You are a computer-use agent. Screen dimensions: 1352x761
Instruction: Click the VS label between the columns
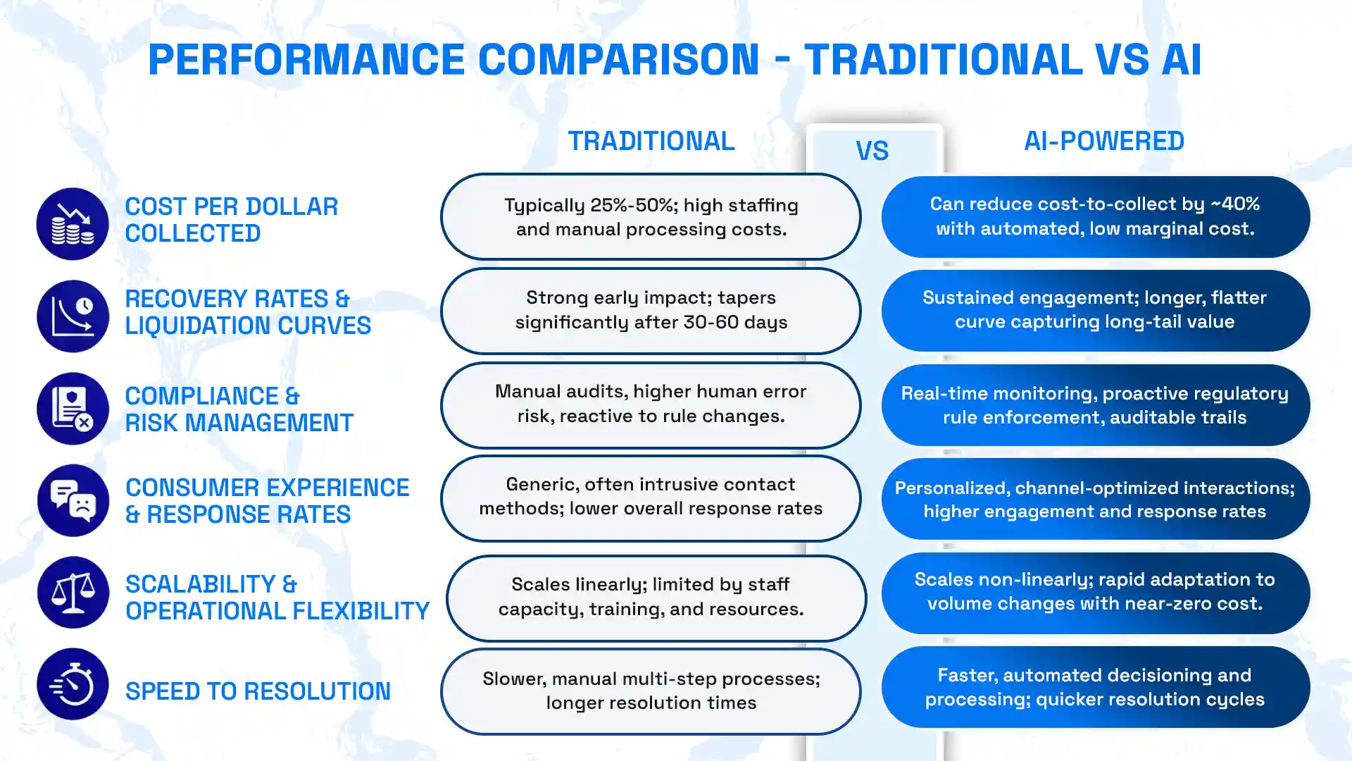[872, 151]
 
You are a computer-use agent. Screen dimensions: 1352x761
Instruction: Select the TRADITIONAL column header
[651, 141]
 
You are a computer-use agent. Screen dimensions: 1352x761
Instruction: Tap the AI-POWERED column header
[1103, 141]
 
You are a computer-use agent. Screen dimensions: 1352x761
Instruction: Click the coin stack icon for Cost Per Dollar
[73, 224]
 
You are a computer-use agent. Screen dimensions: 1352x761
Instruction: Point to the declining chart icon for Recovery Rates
[73, 316]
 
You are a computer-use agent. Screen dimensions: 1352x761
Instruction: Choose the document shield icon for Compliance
[73, 409]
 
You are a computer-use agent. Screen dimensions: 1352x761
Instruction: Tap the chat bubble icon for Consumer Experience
[73, 500]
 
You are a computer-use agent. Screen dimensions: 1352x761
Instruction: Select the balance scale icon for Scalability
[73, 593]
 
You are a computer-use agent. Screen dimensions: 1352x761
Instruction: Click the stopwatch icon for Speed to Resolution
[73, 684]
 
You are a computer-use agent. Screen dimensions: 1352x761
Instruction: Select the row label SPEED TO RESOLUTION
[258, 691]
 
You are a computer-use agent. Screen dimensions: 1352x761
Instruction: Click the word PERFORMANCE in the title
[306, 59]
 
